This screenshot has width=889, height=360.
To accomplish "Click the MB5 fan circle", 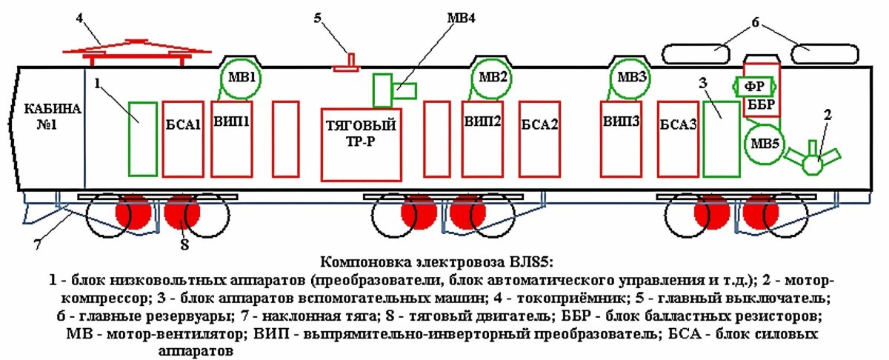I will (762, 144).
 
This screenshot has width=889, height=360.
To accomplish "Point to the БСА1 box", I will (182, 139).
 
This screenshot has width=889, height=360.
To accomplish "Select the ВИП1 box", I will (232, 139).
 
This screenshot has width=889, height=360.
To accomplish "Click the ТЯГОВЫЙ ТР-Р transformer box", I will (361, 144).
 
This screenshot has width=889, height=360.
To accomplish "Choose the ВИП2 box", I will (482, 139).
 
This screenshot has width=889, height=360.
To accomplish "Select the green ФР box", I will (754, 85).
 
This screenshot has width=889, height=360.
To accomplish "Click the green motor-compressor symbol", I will (813, 160).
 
